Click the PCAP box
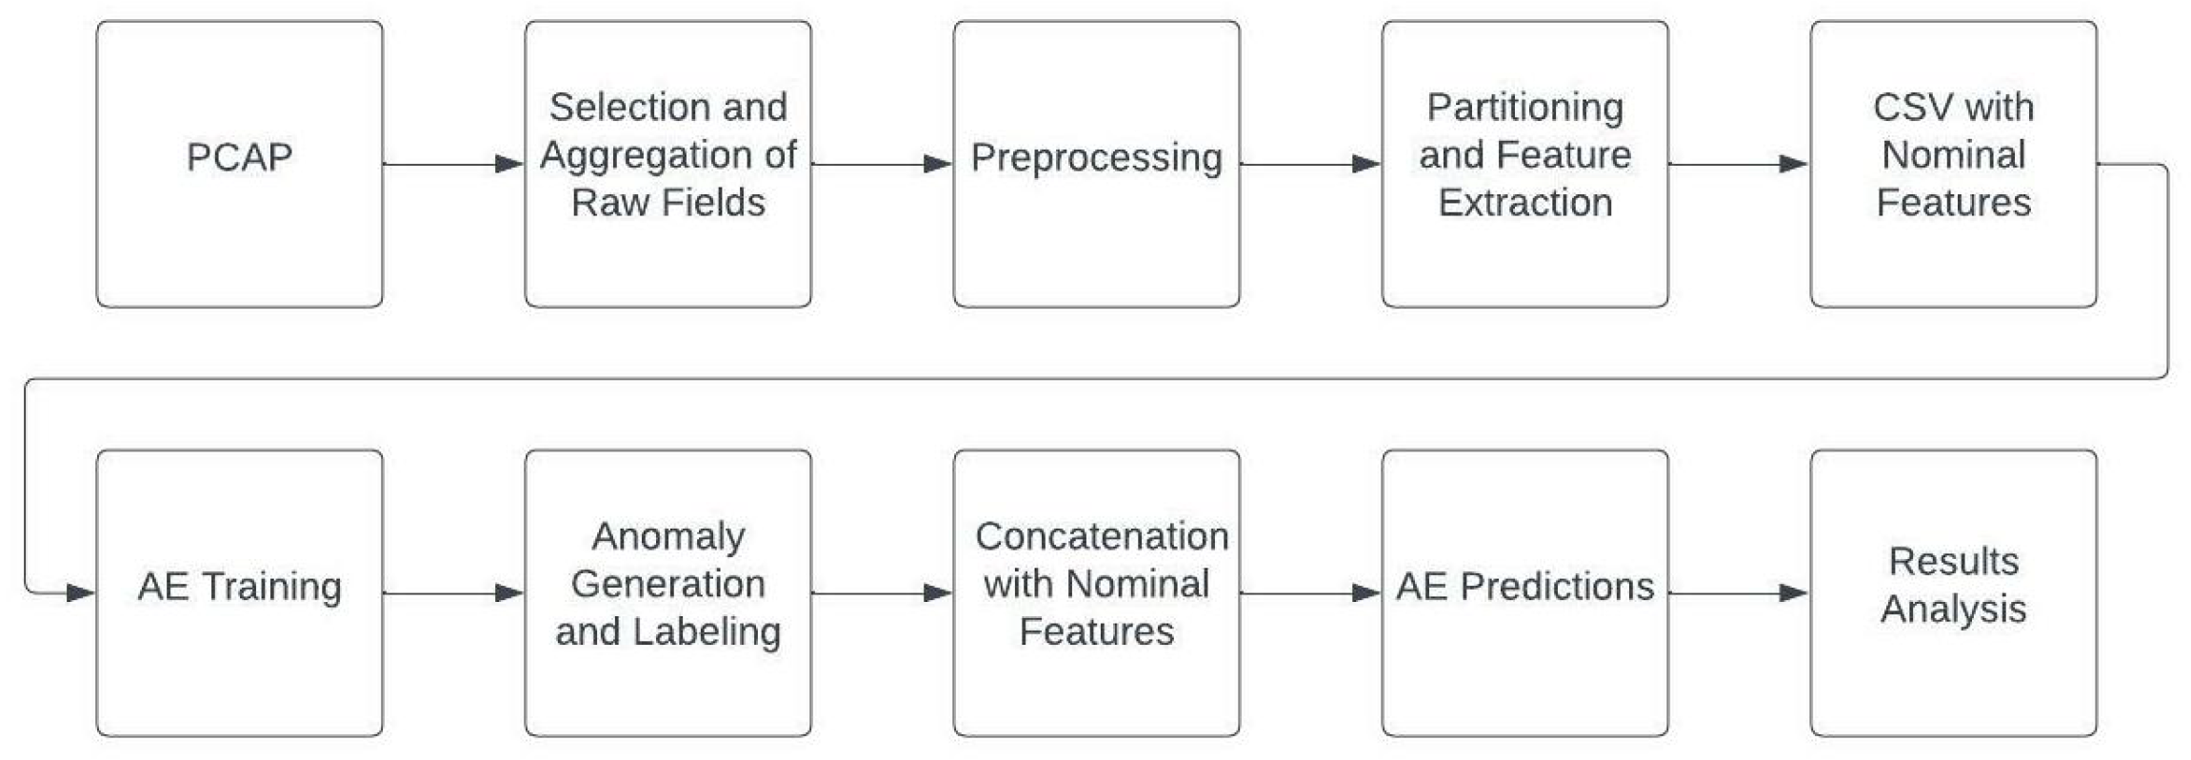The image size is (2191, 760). [x=239, y=164]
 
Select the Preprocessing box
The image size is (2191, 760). [x=1096, y=164]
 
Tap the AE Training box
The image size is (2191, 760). [x=239, y=592]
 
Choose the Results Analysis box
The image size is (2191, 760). [x=1953, y=592]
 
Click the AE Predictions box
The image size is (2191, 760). [x=1524, y=592]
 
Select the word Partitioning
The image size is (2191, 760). [x=1524, y=108]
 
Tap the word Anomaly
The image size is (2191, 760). [x=668, y=536]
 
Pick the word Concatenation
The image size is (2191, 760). [x=1102, y=536]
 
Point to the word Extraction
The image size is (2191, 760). [x=1524, y=203]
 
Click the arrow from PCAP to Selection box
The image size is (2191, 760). [x=453, y=164]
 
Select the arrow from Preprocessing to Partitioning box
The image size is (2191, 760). [x=1310, y=164]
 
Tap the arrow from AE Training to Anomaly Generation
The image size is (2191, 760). [x=453, y=592]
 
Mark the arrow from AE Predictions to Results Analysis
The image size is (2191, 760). [x=1739, y=592]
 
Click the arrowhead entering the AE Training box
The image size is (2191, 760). [x=81, y=592]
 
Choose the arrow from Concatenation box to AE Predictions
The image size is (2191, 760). [x=1310, y=592]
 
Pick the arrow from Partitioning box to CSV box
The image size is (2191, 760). [x=1739, y=164]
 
